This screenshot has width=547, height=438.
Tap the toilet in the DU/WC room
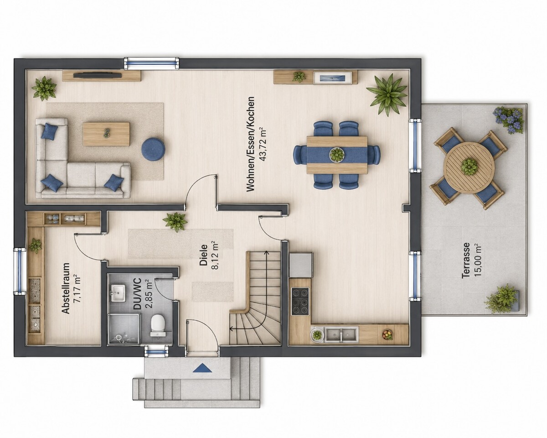[x=158, y=325]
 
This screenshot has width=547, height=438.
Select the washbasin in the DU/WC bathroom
[x=118, y=292]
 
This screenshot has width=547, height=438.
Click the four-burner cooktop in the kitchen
[x=300, y=301]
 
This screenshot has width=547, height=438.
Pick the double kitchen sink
[x=342, y=337]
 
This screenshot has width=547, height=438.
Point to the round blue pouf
[x=153, y=150]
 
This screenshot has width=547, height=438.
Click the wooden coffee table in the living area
[x=107, y=134]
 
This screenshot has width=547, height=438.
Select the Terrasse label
[x=466, y=260]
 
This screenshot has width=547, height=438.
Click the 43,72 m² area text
[x=263, y=144]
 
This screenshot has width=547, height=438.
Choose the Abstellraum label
[x=66, y=288]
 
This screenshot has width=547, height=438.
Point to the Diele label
[x=204, y=255]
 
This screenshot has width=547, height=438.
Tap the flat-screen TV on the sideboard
[x=98, y=75]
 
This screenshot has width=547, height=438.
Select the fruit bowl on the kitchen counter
[x=387, y=334]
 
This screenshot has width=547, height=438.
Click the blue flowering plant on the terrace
[x=509, y=120]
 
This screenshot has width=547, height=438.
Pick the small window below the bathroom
[x=156, y=352]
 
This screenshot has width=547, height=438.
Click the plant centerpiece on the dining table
[x=337, y=154]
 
